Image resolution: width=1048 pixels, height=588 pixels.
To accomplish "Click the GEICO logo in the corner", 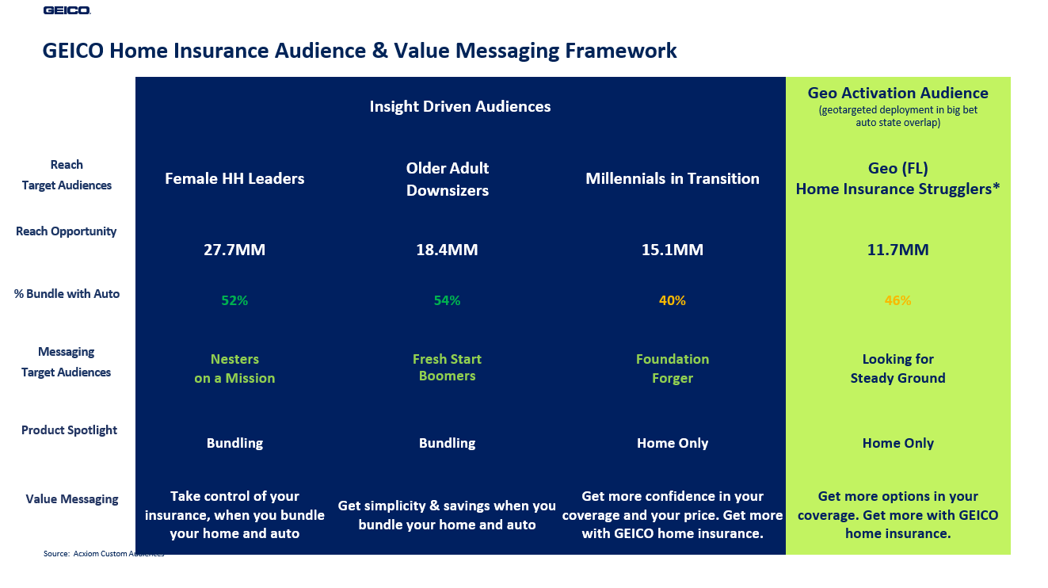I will (x=67, y=10).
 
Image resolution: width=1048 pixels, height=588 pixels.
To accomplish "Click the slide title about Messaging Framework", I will (x=360, y=51).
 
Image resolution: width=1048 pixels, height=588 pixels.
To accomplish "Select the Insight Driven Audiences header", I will (x=459, y=106).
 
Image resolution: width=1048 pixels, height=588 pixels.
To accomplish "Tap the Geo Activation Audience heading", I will (x=897, y=94).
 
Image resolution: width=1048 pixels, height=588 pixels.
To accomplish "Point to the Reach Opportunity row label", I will (x=67, y=231).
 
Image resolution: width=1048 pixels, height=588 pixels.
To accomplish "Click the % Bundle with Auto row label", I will (x=67, y=293).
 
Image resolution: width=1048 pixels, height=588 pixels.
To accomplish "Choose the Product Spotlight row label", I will (x=69, y=430).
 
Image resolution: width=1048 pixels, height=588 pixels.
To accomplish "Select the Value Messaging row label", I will (x=71, y=499).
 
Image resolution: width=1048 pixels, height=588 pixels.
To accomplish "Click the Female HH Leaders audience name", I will (x=234, y=178).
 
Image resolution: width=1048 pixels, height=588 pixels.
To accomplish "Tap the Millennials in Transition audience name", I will (x=672, y=178).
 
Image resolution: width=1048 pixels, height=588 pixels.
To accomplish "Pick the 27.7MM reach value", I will (x=234, y=250).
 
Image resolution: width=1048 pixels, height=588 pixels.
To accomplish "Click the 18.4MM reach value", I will (x=447, y=250).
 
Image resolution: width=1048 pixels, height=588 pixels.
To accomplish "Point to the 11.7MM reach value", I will (x=897, y=250).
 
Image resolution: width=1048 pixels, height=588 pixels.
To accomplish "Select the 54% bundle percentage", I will (x=447, y=301).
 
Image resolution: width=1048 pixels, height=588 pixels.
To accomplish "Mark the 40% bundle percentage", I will (x=672, y=301).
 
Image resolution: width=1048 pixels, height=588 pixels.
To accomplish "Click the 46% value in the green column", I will (x=897, y=301).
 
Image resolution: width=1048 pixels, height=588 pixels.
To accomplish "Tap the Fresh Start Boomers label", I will (x=447, y=368).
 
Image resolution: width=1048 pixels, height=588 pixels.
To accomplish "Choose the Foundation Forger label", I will (x=672, y=368).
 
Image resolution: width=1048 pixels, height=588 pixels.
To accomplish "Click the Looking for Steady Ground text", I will (x=897, y=368).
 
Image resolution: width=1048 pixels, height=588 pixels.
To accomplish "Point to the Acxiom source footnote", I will (x=103, y=554).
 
